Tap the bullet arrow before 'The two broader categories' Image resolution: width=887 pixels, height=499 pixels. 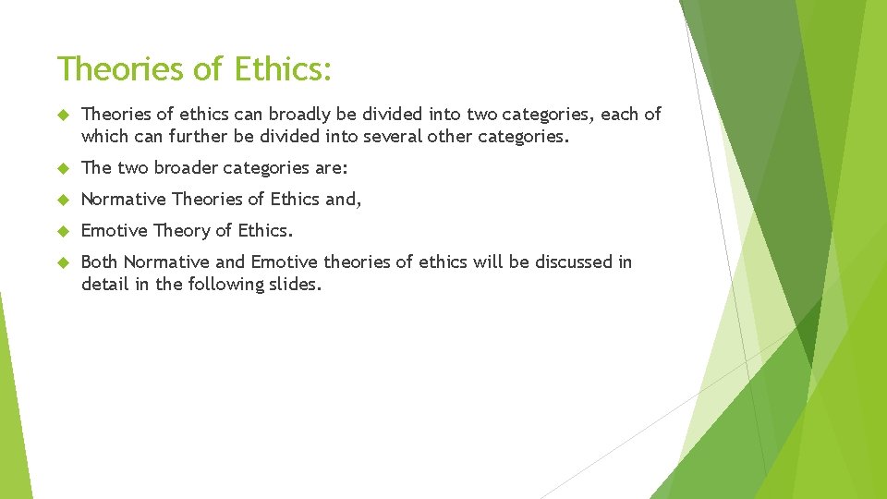(x=64, y=168)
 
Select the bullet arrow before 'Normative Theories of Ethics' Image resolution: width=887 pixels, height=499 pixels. (x=64, y=200)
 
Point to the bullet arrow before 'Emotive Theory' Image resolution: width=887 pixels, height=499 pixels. (x=64, y=231)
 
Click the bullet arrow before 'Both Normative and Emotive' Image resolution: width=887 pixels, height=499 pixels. (x=64, y=262)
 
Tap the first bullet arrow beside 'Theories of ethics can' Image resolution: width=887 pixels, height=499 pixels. (x=64, y=115)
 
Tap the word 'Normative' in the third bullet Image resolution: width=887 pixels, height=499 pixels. (x=123, y=200)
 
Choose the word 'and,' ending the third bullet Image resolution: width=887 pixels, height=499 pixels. (x=343, y=200)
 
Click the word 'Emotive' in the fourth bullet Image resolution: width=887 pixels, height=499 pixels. (x=114, y=231)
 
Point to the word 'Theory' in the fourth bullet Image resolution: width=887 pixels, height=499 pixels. (x=182, y=231)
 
